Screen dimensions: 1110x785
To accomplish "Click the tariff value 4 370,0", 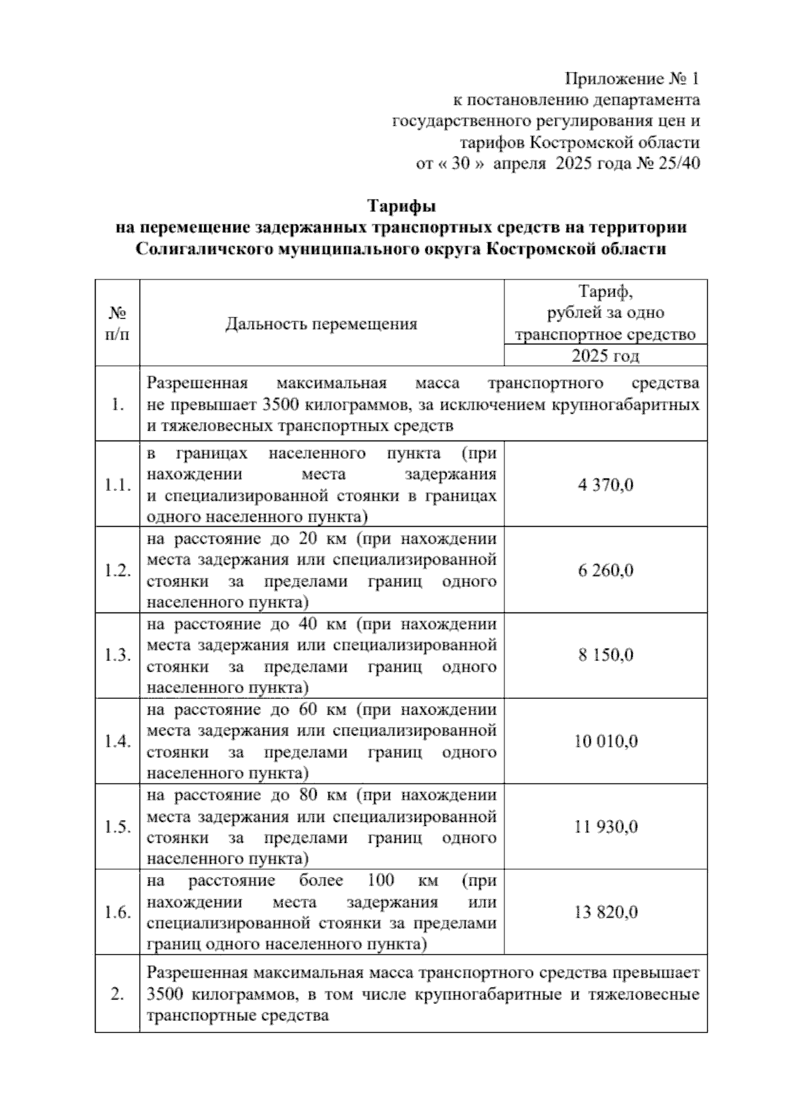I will [x=605, y=486].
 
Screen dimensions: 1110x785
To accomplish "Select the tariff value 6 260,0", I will [x=605, y=571].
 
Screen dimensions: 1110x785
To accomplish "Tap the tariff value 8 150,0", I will [x=605, y=656].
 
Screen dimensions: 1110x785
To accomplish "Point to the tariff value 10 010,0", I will [x=605, y=742].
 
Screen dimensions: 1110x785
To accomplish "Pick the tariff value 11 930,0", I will [x=605, y=827].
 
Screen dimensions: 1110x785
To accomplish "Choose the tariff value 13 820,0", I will [x=605, y=912].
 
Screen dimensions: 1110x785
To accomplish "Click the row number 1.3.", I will [x=118, y=656].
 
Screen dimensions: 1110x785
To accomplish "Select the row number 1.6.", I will [x=118, y=912].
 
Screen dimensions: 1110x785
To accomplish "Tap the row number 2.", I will [x=118, y=995].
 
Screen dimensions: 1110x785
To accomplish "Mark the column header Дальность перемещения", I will [x=321, y=324].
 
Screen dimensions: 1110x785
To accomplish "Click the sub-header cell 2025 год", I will [x=605, y=356].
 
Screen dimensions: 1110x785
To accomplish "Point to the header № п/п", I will [x=117, y=324].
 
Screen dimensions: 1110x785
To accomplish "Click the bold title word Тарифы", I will [x=401, y=207].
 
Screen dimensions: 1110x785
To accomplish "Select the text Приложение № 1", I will [x=632, y=79].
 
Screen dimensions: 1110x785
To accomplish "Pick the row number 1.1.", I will [x=118, y=486].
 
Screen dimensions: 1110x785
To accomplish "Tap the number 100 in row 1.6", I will [x=381, y=880].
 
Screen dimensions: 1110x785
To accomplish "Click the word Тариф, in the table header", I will [x=605, y=291].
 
